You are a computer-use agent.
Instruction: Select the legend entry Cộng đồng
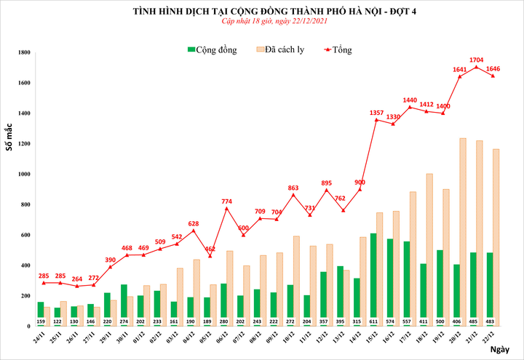216,49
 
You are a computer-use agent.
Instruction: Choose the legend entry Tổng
336,49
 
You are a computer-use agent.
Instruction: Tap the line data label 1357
377,113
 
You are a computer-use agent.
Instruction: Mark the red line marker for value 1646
493,76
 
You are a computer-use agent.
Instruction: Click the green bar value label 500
440,321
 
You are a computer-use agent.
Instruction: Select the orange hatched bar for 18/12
430,247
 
